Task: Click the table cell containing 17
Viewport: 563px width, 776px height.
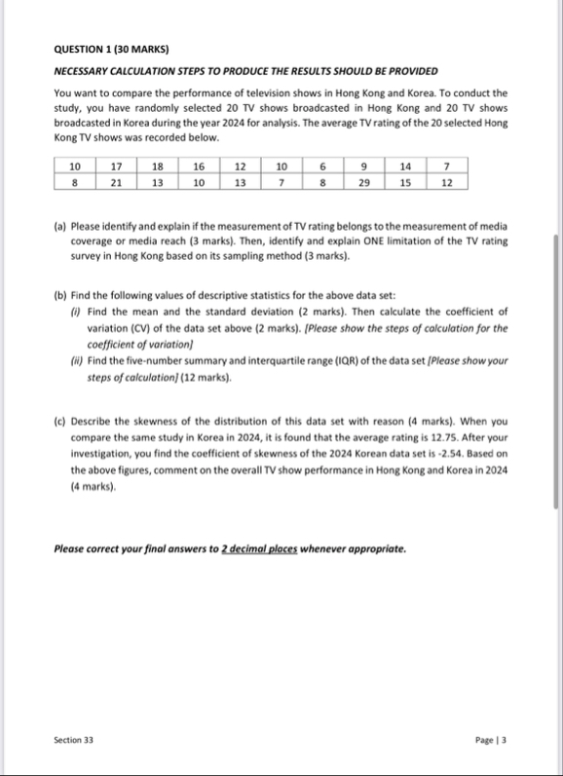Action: pyautogui.click(x=117, y=166)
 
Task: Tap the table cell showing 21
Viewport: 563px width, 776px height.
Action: pyautogui.click(x=117, y=182)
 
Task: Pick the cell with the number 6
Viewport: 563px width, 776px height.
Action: pyautogui.click(x=322, y=166)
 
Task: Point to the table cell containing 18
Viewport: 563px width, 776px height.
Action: pyautogui.click(x=158, y=166)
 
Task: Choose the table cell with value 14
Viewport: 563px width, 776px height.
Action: pyautogui.click(x=405, y=166)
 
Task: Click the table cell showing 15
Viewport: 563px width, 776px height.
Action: pyautogui.click(x=405, y=182)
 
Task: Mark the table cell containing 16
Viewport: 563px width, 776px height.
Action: pyautogui.click(x=199, y=166)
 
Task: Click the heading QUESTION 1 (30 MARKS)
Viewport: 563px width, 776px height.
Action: pyautogui.click(x=107, y=49)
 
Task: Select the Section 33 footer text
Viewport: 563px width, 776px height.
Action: pyautogui.click(x=74, y=741)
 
